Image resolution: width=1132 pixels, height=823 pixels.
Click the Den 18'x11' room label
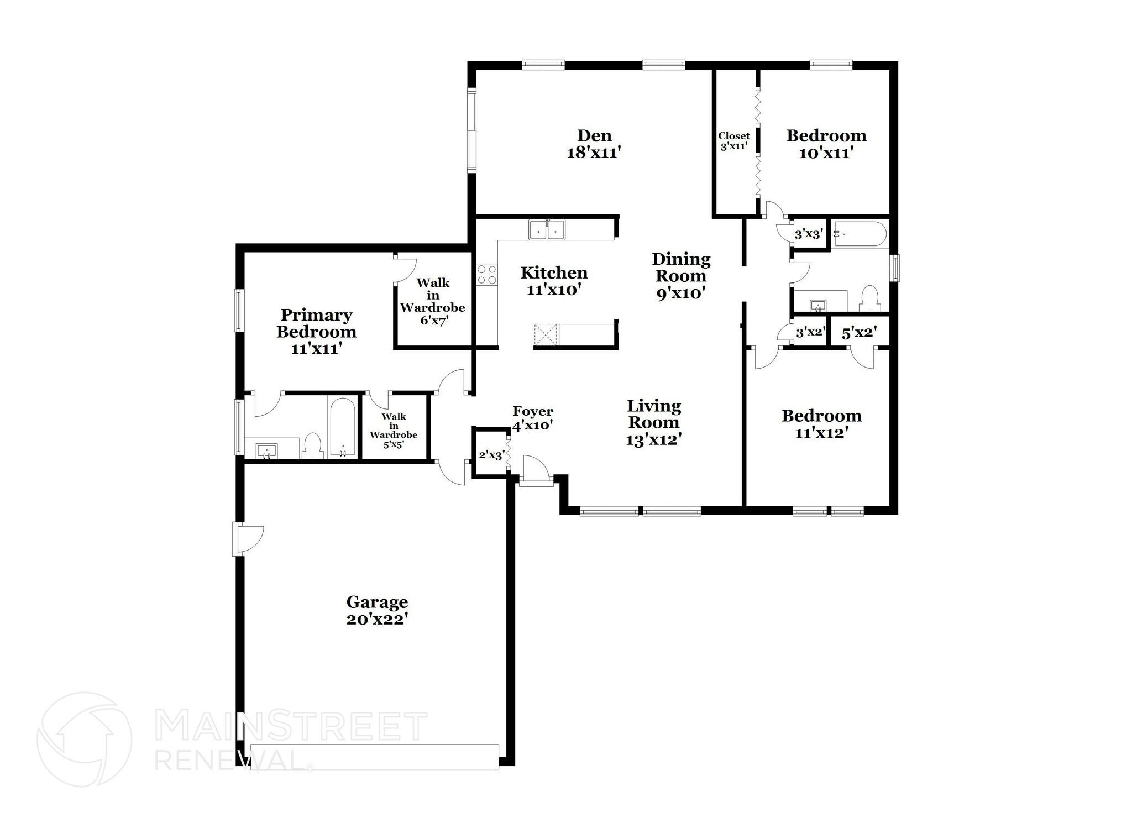[x=595, y=144]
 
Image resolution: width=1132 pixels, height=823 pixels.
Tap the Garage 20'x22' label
[x=377, y=610]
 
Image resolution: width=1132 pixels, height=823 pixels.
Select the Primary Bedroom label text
[x=316, y=323]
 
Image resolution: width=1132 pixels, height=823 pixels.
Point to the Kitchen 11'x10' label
[x=554, y=281]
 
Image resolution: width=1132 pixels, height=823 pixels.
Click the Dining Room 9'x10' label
[x=681, y=276]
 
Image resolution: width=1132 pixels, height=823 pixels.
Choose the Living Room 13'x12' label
[x=653, y=423]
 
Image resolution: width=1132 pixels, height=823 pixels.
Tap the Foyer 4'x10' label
[x=532, y=418]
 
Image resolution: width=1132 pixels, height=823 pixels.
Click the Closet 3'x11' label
[x=734, y=141]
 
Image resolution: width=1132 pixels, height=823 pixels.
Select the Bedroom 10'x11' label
[x=826, y=144]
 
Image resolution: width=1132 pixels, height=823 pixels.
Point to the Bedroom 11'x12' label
[x=821, y=424]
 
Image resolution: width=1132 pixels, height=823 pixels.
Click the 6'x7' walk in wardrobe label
[x=433, y=301]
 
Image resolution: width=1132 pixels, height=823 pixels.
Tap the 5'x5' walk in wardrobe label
[x=394, y=430]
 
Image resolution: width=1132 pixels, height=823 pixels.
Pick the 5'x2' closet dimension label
[x=859, y=333]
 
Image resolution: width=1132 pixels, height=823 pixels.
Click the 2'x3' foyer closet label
[x=491, y=455]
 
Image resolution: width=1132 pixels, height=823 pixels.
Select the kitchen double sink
[x=547, y=229]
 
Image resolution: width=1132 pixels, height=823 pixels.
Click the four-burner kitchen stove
[x=487, y=274]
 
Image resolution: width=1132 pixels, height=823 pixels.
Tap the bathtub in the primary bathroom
[x=343, y=427]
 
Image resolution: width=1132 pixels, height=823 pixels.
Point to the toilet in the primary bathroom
[x=313, y=445]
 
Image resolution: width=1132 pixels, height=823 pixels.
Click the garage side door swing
[x=250, y=539]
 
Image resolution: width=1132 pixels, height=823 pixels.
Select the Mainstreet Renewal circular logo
[x=84, y=739]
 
